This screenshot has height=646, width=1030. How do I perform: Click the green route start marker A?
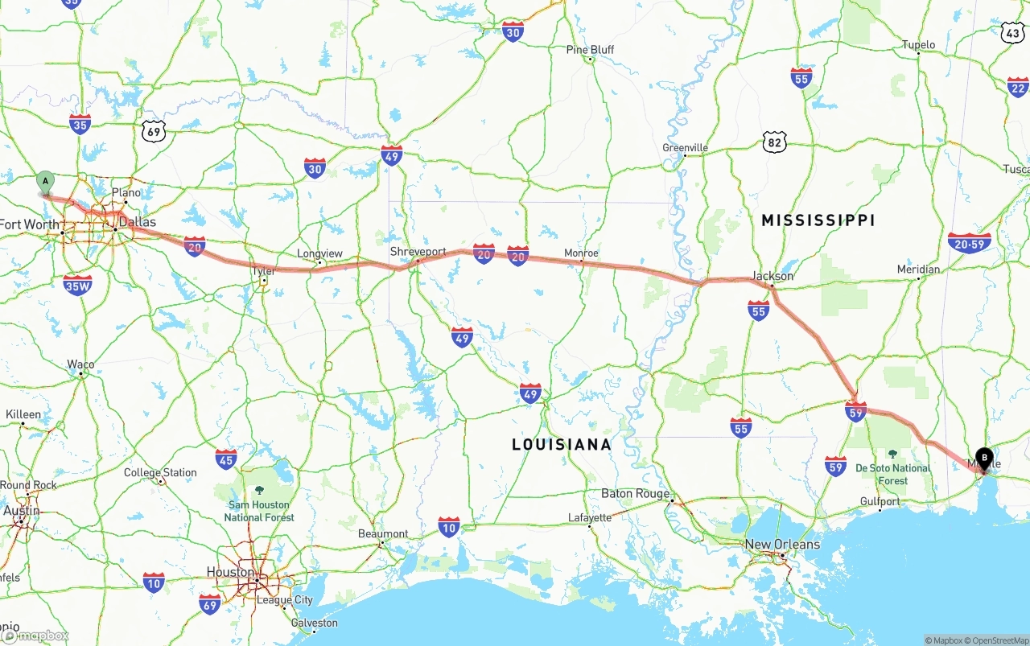pos(46,181)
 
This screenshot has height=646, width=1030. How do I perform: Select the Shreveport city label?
pos(418,252)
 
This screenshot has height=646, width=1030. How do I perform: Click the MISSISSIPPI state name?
pos(818,220)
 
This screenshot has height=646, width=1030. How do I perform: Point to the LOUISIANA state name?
pos(562,444)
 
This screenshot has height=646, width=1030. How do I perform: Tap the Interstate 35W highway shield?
pos(77,285)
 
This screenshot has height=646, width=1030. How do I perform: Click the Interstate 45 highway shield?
pos(226,459)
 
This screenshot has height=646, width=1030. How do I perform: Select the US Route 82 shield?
pos(774,143)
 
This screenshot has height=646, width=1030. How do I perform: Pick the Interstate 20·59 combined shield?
pos(969,243)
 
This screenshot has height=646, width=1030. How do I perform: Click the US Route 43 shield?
pos(1013,32)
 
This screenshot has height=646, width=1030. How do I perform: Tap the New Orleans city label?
pos(782,545)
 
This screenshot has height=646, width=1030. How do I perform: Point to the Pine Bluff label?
pos(590,50)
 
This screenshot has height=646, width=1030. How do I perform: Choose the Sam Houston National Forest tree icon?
pos(259,490)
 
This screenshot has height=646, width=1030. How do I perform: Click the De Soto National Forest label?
pos(892,474)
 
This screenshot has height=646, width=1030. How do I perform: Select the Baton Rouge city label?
pos(636,493)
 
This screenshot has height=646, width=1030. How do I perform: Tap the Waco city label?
pos(80,364)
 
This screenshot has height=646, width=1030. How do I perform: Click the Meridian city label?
pos(918,270)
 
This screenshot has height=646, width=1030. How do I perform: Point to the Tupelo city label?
pos(918,45)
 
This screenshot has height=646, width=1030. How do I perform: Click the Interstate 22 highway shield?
pos(1018,87)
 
